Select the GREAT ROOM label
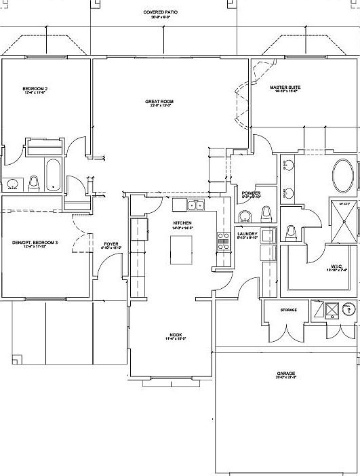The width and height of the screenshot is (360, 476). pyautogui.click(x=159, y=102)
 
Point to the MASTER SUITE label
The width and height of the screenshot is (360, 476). pyautogui.click(x=285, y=87)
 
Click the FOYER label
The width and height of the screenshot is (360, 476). pyautogui.click(x=111, y=244)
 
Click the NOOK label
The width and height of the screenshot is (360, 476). pyautogui.click(x=176, y=334)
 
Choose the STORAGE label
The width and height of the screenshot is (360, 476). pyautogui.click(x=289, y=310)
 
